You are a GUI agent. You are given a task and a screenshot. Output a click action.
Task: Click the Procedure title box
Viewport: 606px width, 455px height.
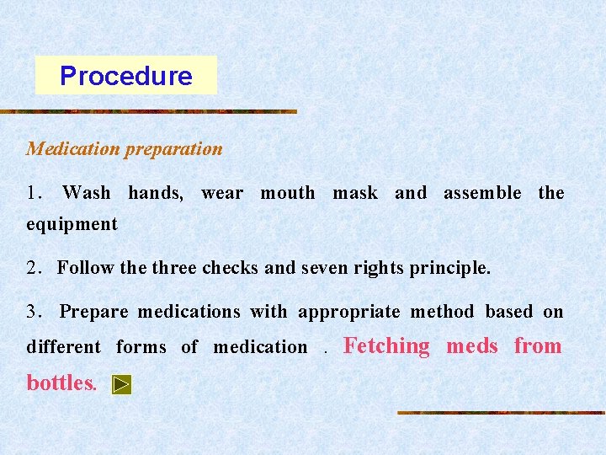(x=125, y=76)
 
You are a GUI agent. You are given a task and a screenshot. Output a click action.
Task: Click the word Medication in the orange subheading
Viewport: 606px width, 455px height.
(x=73, y=149)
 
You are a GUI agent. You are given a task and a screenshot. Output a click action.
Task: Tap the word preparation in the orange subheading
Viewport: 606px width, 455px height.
(x=173, y=149)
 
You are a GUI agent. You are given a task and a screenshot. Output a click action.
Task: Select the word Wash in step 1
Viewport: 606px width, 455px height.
(x=86, y=193)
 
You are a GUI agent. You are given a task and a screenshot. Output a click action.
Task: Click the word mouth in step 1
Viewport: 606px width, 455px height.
(x=288, y=193)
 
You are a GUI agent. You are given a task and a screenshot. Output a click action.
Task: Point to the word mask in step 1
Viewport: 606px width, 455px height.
(x=355, y=193)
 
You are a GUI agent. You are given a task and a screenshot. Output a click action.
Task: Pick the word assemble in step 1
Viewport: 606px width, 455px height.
(x=482, y=193)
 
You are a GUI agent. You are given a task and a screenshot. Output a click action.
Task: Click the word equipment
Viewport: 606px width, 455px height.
(x=72, y=225)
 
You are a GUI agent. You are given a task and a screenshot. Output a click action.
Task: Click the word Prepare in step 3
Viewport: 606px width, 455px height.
(x=93, y=313)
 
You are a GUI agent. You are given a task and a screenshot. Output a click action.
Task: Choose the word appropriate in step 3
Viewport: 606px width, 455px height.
(x=349, y=313)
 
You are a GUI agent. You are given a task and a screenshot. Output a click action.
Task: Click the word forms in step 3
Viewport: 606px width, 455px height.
(x=142, y=347)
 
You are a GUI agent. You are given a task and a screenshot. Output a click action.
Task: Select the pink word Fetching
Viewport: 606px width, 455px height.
(x=387, y=346)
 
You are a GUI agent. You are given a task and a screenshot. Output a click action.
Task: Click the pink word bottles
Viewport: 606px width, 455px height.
(x=61, y=383)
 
